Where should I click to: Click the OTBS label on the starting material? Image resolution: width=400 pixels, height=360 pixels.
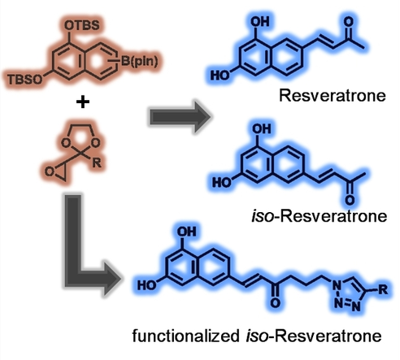point(82,25)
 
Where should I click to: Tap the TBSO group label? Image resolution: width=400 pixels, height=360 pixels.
point(25,80)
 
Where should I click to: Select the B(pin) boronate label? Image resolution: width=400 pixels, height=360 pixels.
point(139,61)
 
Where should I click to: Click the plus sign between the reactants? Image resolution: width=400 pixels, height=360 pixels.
point(83,102)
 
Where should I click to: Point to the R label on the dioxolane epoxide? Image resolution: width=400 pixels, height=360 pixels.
point(97,163)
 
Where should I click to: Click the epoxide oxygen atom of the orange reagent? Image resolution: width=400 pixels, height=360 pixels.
point(49,171)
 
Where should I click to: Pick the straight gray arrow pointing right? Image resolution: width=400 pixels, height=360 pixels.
point(180,117)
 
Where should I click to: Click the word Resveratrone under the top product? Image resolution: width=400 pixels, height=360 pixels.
point(333,96)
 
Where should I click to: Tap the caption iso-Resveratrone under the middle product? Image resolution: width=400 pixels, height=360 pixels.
point(320,216)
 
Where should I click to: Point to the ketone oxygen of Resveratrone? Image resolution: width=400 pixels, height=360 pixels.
point(349,22)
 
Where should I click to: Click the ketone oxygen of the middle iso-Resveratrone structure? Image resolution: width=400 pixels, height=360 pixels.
point(350,200)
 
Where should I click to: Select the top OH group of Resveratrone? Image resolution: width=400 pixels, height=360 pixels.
point(260,22)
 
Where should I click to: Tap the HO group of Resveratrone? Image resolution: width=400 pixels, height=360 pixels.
point(220,76)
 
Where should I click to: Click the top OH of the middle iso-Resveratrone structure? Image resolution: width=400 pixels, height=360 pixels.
point(262,128)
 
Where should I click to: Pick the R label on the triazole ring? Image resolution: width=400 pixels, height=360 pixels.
point(383,289)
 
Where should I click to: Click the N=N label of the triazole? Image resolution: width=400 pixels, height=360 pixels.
point(347,306)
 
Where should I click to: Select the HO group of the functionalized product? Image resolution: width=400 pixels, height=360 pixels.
point(147,285)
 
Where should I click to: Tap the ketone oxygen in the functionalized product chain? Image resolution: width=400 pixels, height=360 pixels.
point(276,302)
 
